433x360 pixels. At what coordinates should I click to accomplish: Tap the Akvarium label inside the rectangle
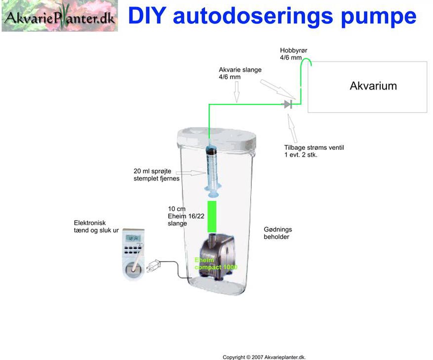tap(373, 86)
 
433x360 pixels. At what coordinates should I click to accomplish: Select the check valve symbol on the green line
tap(288, 104)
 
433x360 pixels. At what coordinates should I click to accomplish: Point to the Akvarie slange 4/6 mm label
tap(240, 74)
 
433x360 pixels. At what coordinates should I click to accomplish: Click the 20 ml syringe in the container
tap(212, 166)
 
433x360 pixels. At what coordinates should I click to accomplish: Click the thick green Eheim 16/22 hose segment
tap(212, 216)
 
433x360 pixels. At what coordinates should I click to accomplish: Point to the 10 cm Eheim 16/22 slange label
tap(178, 216)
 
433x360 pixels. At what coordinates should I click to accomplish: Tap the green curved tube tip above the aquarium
tap(306, 61)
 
